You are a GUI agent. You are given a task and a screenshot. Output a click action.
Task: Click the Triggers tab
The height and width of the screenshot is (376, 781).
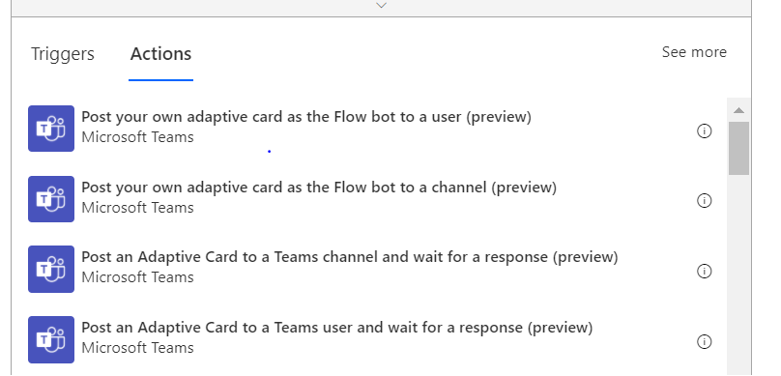tap(63, 54)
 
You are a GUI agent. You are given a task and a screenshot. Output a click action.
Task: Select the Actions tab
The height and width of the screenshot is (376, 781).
tap(161, 54)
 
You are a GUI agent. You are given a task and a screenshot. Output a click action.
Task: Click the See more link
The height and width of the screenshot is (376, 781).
tap(694, 52)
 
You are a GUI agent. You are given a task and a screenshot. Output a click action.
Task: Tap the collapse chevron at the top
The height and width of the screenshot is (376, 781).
tap(381, 6)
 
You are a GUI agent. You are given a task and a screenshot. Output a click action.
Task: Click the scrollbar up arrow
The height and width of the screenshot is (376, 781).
tap(738, 107)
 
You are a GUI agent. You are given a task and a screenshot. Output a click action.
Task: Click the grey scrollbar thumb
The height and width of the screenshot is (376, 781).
tap(738, 147)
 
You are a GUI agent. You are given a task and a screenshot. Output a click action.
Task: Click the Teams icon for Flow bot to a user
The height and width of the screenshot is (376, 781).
tap(51, 128)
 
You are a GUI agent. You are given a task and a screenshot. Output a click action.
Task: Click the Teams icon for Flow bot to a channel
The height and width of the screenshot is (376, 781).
tap(51, 197)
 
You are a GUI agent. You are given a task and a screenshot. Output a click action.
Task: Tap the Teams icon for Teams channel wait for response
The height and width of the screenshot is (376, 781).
tap(51, 268)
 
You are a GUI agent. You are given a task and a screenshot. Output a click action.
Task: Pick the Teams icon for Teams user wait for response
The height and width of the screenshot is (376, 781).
tap(51, 337)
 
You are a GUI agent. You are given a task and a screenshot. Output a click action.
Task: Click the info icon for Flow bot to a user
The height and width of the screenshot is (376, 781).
tap(705, 131)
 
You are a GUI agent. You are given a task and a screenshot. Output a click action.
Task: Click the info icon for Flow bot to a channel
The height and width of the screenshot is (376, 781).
tap(705, 201)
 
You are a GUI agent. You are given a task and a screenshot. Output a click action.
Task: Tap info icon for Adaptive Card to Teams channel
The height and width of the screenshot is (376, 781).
tap(705, 271)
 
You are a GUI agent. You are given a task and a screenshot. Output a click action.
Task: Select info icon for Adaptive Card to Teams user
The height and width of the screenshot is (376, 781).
tap(705, 341)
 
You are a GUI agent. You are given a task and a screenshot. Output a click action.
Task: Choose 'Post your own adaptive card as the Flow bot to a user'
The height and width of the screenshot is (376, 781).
tap(306, 117)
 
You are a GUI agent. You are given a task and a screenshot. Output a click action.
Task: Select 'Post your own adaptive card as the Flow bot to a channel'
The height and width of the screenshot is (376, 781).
tap(319, 187)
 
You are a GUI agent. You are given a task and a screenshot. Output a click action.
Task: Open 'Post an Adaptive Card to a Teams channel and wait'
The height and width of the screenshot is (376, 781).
tap(349, 257)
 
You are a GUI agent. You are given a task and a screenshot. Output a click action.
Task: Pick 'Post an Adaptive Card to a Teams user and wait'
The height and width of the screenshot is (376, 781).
tap(336, 327)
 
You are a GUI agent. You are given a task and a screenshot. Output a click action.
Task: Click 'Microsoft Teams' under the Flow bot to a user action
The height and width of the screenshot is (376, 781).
tap(137, 137)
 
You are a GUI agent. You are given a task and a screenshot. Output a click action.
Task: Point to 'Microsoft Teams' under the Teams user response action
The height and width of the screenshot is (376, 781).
tap(137, 347)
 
